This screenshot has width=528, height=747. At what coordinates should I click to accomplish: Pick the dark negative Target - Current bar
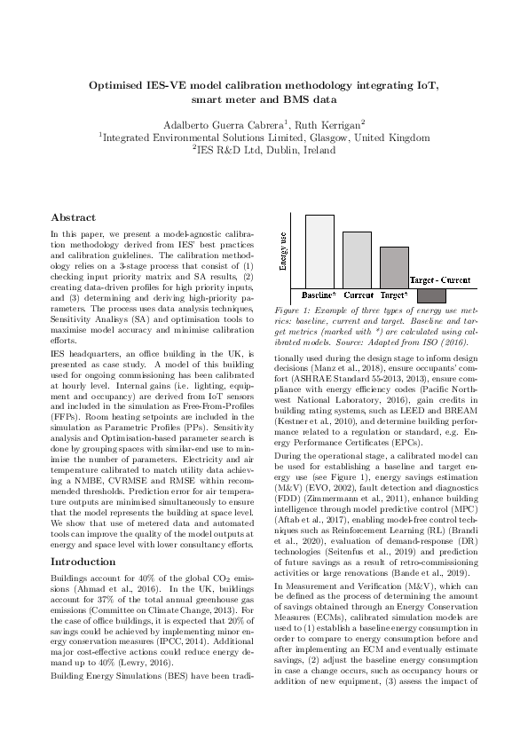click(431, 295)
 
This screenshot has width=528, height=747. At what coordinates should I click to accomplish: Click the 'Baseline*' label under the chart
click(319, 294)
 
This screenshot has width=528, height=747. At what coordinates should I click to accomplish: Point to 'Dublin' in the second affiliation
click(293, 151)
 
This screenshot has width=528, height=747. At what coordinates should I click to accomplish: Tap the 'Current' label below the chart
click(359, 294)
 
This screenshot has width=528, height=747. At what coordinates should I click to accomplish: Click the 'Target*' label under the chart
click(394, 294)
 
